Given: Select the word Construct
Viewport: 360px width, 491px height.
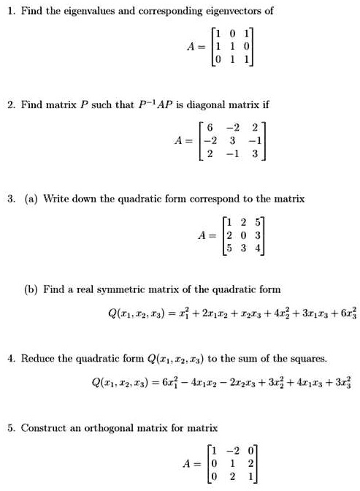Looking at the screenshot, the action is point(44,427).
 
